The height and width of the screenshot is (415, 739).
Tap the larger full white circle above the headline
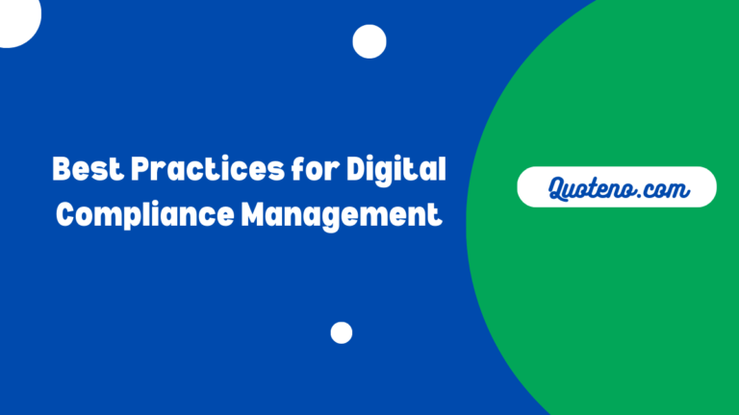[x=369, y=41]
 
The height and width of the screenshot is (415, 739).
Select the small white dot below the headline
[x=342, y=332]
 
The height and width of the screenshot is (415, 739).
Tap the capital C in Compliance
[x=66, y=213]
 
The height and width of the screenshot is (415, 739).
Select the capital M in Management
[x=255, y=213]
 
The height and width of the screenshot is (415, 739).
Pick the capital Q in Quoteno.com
[x=557, y=188]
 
